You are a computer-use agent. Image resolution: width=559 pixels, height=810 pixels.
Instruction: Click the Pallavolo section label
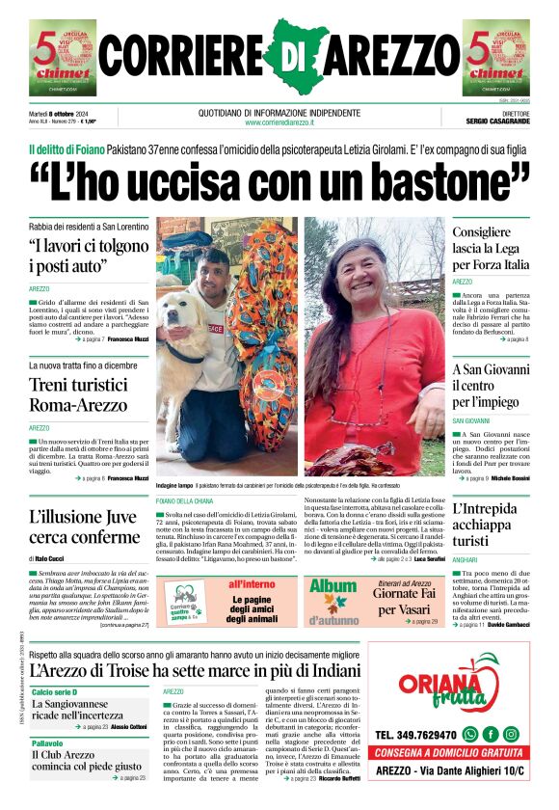pyautogui.click(x=48, y=743)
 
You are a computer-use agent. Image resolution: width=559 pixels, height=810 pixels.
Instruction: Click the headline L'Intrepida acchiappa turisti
pyautogui.click(x=490, y=525)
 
